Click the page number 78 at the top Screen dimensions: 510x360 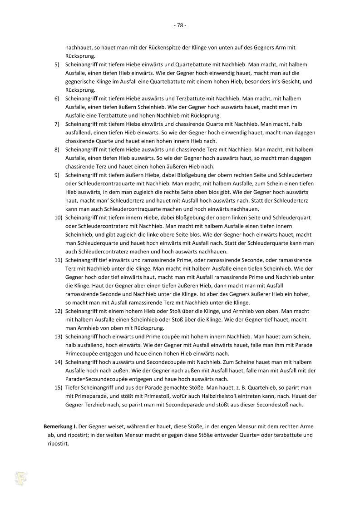pos(180,25)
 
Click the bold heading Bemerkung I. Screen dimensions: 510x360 pos(60,427)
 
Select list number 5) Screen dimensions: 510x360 pos(58,64)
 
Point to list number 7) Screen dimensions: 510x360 pos(58,124)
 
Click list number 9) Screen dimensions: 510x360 pos(58,175)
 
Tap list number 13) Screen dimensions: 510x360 pos(58,337)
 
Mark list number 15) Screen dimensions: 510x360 pos(58,387)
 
